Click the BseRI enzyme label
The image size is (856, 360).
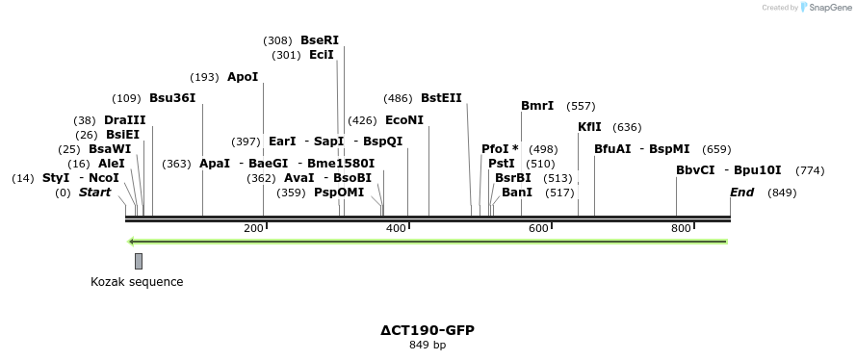point(320,40)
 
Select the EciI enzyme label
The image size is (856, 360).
point(322,55)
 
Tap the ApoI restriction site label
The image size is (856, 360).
point(243,77)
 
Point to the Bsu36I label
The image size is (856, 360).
point(172,98)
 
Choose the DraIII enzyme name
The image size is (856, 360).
point(124,120)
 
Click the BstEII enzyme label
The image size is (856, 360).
point(441,98)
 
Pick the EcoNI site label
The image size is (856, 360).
point(403,120)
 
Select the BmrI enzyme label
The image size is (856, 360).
point(537,106)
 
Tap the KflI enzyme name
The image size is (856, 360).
point(589,127)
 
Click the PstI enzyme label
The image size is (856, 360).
point(502,164)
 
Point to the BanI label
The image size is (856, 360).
point(517,193)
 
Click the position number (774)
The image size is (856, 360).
point(810,170)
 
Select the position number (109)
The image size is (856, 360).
point(126,98)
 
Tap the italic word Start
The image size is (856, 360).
point(94,193)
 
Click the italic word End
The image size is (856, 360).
point(741,193)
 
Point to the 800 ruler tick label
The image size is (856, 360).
point(681,228)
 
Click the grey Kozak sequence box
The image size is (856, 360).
point(139,261)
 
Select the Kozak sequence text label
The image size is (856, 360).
point(137,282)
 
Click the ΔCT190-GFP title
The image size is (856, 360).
point(428,329)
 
